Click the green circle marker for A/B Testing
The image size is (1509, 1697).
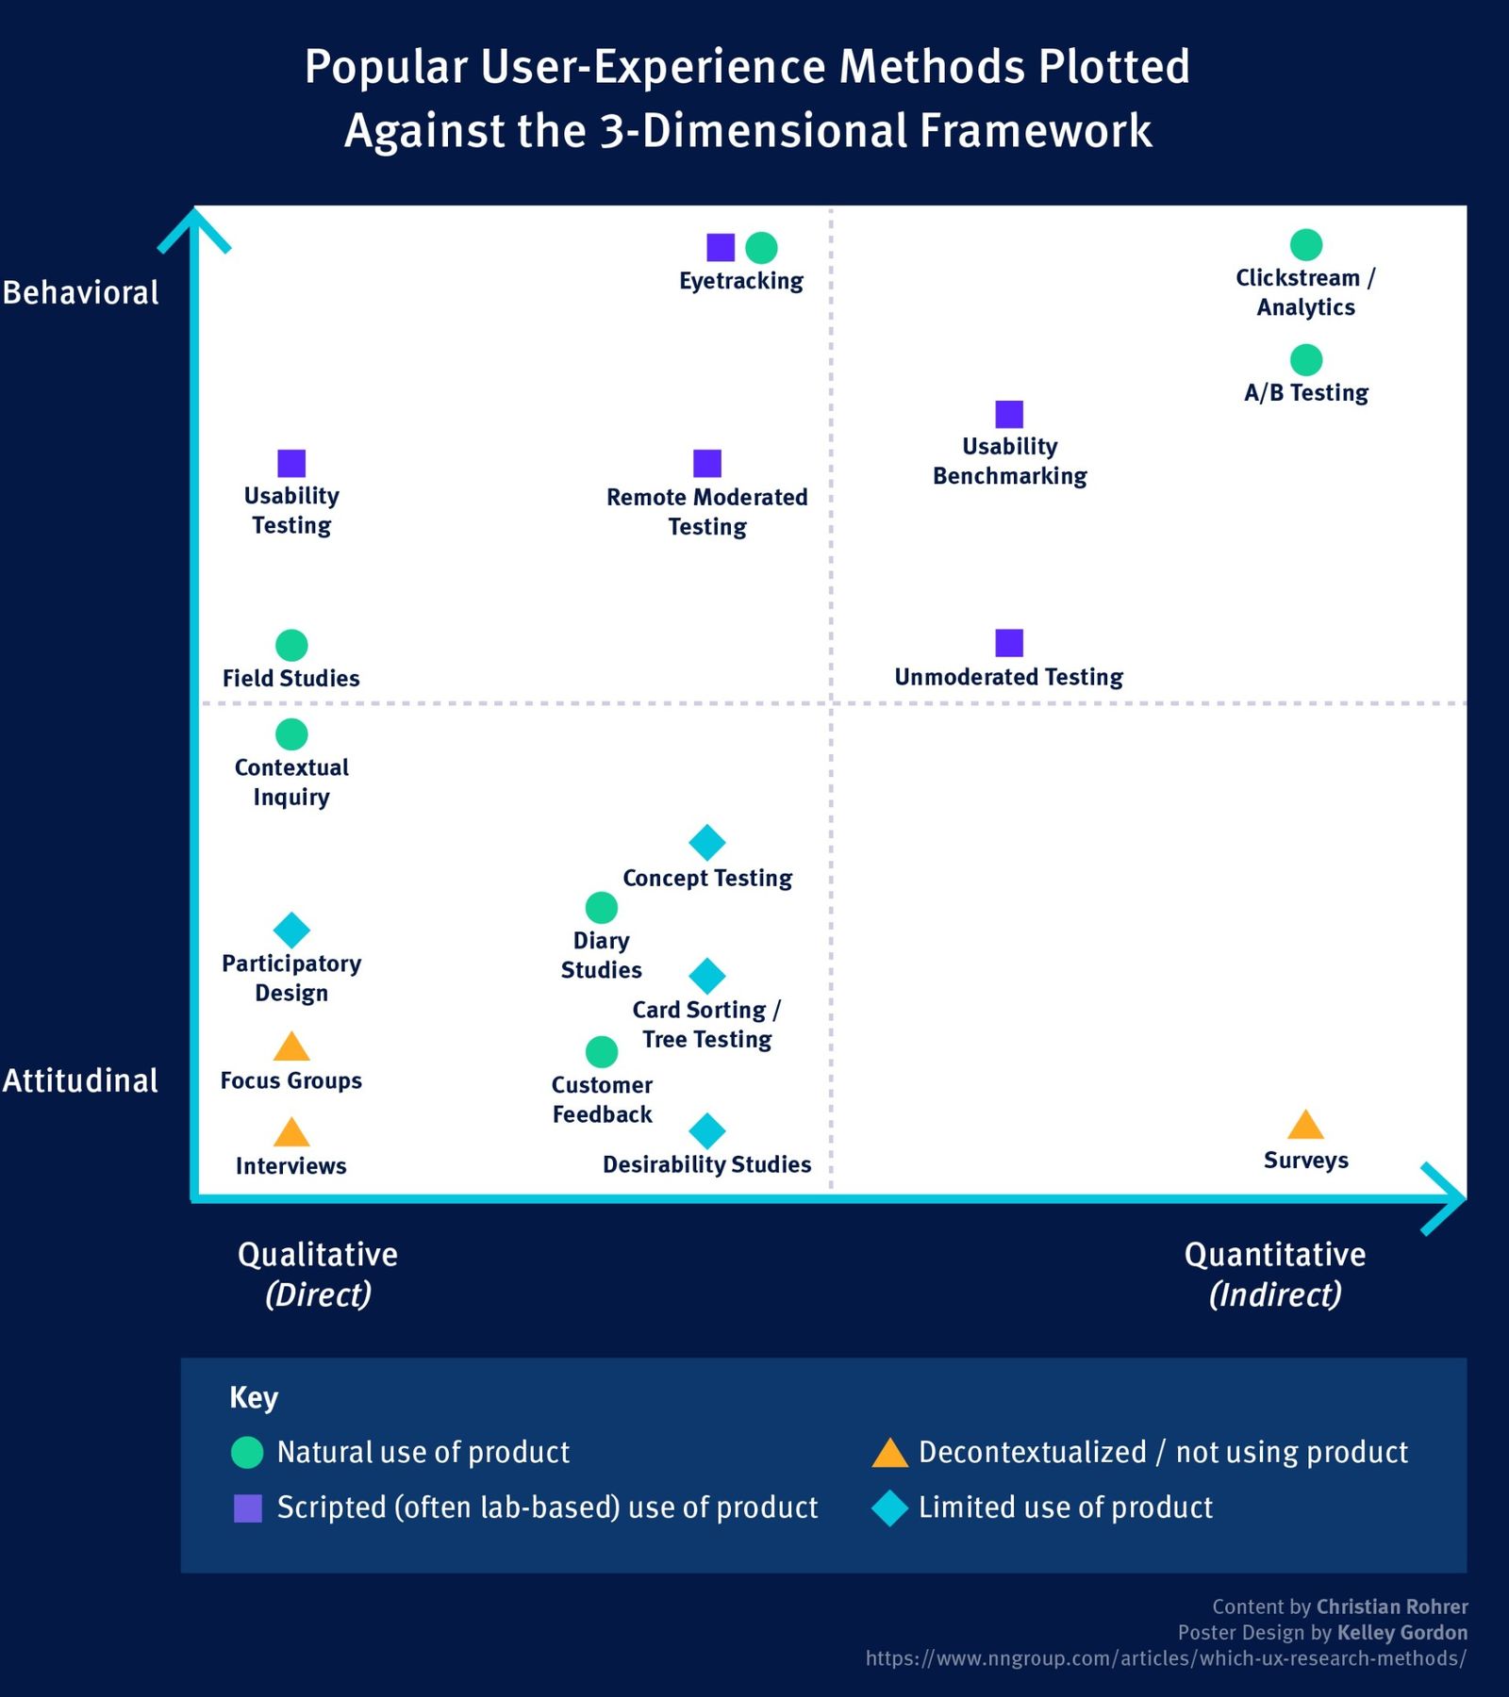pyautogui.click(x=1305, y=359)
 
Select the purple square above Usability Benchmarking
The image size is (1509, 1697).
pyautogui.click(x=1009, y=414)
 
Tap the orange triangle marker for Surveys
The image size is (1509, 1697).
pyautogui.click(x=1305, y=1126)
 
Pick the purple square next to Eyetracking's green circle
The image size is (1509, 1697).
pyautogui.click(x=721, y=247)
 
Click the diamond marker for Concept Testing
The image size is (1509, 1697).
pyautogui.click(x=707, y=842)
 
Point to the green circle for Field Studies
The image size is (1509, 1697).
pyautogui.click(x=291, y=645)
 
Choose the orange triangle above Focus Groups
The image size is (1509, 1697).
pyautogui.click(x=291, y=1047)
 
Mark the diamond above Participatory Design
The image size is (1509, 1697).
pyautogui.click(x=291, y=930)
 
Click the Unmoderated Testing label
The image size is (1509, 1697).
pyautogui.click(x=1008, y=677)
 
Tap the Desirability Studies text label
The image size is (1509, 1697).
pyautogui.click(x=706, y=1164)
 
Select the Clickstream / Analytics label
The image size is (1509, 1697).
pyautogui.click(x=1305, y=292)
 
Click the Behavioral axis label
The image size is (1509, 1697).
pyautogui.click(x=81, y=292)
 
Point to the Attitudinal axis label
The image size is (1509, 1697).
pyautogui.click(x=81, y=1080)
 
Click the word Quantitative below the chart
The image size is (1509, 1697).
pyautogui.click(x=1274, y=1254)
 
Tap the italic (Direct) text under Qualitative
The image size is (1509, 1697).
pyautogui.click(x=318, y=1294)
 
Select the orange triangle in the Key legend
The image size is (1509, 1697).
pyautogui.click(x=889, y=1454)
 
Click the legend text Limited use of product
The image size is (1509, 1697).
pyautogui.click(x=1066, y=1508)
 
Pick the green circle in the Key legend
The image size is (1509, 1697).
pyautogui.click(x=247, y=1452)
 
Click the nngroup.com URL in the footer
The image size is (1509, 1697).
pyautogui.click(x=1166, y=1658)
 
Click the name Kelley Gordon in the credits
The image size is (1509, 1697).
pyautogui.click(x=1401, y=1632)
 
